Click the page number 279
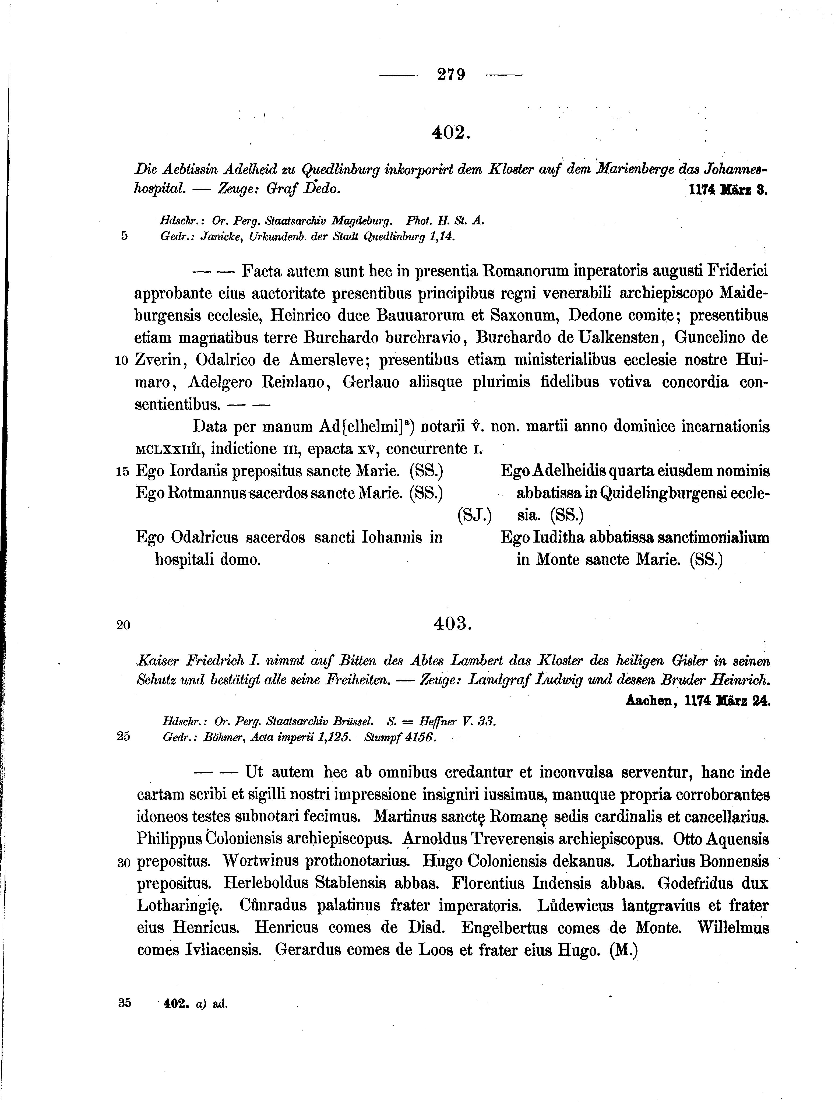coord(451,75)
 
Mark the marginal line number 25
coord(123,736)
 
